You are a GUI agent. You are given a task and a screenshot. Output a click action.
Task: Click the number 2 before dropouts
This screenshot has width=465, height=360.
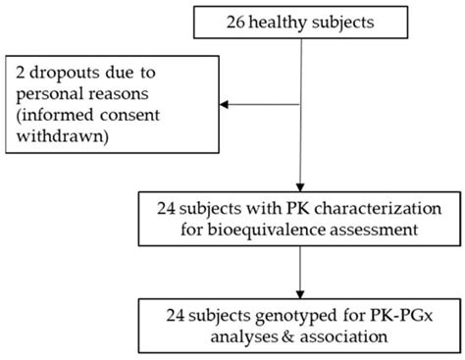[21, 73]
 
